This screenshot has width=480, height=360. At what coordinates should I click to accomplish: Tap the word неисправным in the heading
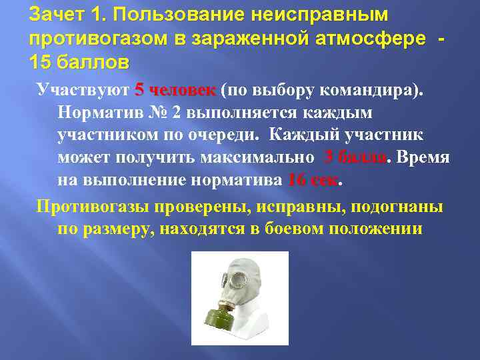pyautogui.click(x=321, y=15)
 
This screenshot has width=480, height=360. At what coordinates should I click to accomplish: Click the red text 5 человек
pyautogui.click(x=175, y=90)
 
